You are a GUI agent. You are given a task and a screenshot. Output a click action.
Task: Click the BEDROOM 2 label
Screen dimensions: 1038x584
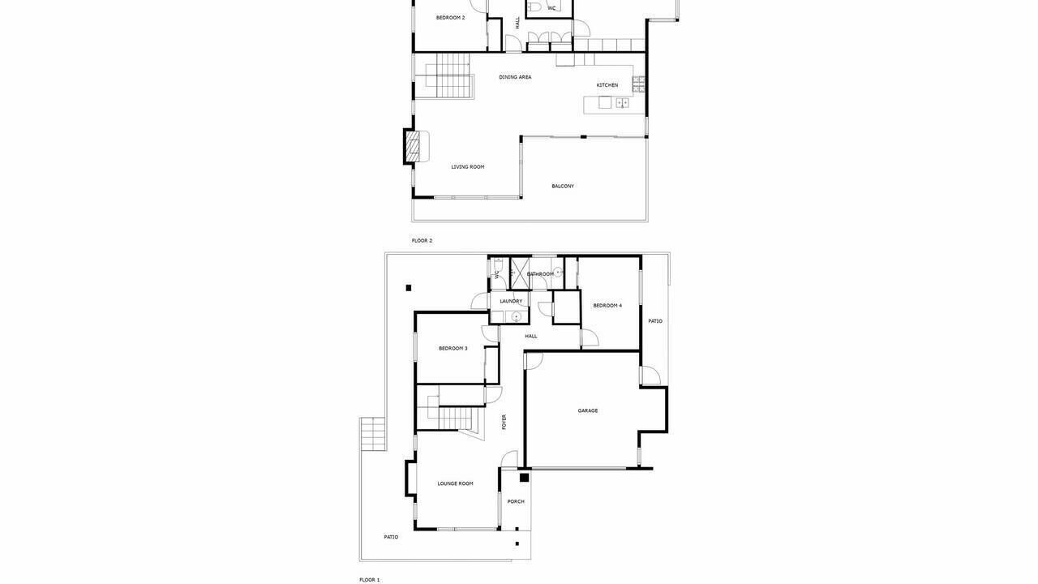[x=450, y=18]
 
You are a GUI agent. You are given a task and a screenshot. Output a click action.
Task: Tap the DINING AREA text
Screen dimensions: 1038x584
[x=515, y=77]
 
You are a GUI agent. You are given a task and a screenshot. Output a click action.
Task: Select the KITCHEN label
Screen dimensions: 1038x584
[x=607, y=85]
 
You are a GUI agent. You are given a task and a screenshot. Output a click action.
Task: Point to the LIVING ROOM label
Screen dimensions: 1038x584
[x=468, y=167]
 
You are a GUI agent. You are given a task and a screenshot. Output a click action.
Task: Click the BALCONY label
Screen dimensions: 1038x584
[x=563, y=187]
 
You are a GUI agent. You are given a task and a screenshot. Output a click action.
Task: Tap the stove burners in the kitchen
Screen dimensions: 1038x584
[x=638, y=85]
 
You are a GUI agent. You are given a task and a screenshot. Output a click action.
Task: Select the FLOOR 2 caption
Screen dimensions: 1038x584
[x=422, y=241]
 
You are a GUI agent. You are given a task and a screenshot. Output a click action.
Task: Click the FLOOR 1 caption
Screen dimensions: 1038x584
[x=369, y=580]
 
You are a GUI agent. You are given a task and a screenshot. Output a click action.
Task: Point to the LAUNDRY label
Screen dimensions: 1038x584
[x=511, y=301]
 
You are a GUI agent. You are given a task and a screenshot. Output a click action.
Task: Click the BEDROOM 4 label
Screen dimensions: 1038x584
[x=607, y=306]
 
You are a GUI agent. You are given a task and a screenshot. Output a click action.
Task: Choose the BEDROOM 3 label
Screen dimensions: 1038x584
[x=453, y=349]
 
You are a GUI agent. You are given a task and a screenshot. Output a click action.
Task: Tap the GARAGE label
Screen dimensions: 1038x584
[x=588, y=410]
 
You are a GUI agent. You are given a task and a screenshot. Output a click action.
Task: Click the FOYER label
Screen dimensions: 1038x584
[x=504, y=422]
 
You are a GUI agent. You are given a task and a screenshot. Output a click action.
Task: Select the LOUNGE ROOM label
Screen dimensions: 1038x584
[x=455, y=484]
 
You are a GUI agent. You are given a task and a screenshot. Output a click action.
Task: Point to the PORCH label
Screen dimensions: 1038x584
[x=516, y=501]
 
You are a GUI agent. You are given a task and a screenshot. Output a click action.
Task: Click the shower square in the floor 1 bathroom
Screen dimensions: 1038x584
[x=520, y=274]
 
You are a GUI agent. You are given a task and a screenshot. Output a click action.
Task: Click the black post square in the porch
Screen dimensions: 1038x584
[x=524, y=478]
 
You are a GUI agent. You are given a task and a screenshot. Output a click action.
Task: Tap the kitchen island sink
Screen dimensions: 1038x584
[x=622, y=102]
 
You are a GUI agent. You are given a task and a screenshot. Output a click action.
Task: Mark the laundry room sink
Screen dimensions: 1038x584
[x=516, y=317]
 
